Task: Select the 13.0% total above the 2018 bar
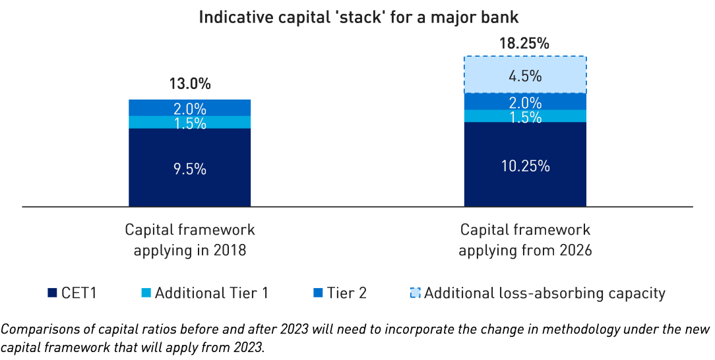click(189, 84)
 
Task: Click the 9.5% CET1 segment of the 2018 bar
click(189, 169)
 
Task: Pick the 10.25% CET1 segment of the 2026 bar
click(525, 165)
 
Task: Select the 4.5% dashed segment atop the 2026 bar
click(525, 75)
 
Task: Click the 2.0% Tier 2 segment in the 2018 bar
click(189, 108)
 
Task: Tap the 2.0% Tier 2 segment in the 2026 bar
click(525, 102)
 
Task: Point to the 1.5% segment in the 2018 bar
click(189, 123)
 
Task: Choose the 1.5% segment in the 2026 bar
click(525, 117)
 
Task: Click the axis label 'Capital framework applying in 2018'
click(189, 240)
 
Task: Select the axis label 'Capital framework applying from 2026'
click(525, 240)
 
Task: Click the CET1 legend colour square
click(52, 293)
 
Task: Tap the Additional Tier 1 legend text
click(211, 293)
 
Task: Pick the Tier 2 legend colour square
click(317, 293)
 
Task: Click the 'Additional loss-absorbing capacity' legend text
click(545, 293)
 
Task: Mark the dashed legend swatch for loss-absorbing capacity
click(415, 293)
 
